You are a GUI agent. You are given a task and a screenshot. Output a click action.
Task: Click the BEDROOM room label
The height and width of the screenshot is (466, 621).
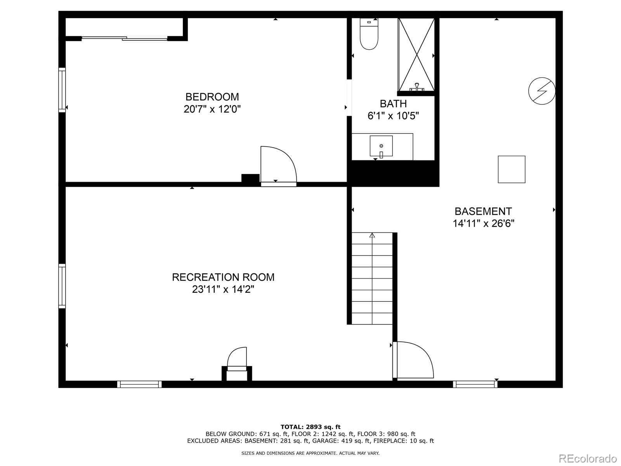pyautogui.click(x=212, y=97)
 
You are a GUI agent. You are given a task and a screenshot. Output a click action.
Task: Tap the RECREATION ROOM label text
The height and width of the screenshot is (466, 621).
pyautogui.click(x=223, y=277)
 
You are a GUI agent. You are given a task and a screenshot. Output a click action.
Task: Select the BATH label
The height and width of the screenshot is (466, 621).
pyautogui.click(x=393, y=104)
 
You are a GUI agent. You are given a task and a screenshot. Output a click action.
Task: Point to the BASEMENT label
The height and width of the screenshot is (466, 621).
pyautogui.click(x=483, y=211)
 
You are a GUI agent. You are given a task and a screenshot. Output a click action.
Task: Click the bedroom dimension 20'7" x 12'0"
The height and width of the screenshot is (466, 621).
pyautogui.click(x=212, y=109)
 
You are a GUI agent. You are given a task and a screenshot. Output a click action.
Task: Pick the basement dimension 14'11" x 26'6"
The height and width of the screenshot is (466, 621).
pyautogui.click(x=483, y=224)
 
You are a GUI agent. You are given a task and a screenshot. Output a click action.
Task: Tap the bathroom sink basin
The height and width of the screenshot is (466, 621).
pyautogui.click(x=381, y=146)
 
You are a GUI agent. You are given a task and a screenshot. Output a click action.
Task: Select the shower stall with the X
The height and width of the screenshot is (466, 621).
pyautogui.click(x=416, y=54)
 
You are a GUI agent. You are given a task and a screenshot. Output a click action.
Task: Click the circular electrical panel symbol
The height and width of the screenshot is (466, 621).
pyautogui.click(x=542, y=91)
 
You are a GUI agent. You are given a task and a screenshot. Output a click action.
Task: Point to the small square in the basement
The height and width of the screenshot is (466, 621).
pyautogui.click(x=512, y=169)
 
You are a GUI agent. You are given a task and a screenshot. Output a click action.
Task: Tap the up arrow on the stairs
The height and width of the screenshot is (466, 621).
pyautogui.click(x=372, y=235)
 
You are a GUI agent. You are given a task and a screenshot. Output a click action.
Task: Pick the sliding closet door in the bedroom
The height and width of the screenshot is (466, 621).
pyautogui.click(x=124, y=38)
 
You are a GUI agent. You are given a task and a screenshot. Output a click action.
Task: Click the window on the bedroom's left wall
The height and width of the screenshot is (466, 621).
pyautogui.click(x=62, y=90)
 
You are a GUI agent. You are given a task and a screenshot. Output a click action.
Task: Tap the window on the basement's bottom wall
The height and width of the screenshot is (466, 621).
pyautogui.click(x=475, y=384)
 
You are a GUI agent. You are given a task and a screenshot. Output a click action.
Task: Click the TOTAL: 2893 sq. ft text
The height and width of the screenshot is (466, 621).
pyautogui.click(x=310, y=427)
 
